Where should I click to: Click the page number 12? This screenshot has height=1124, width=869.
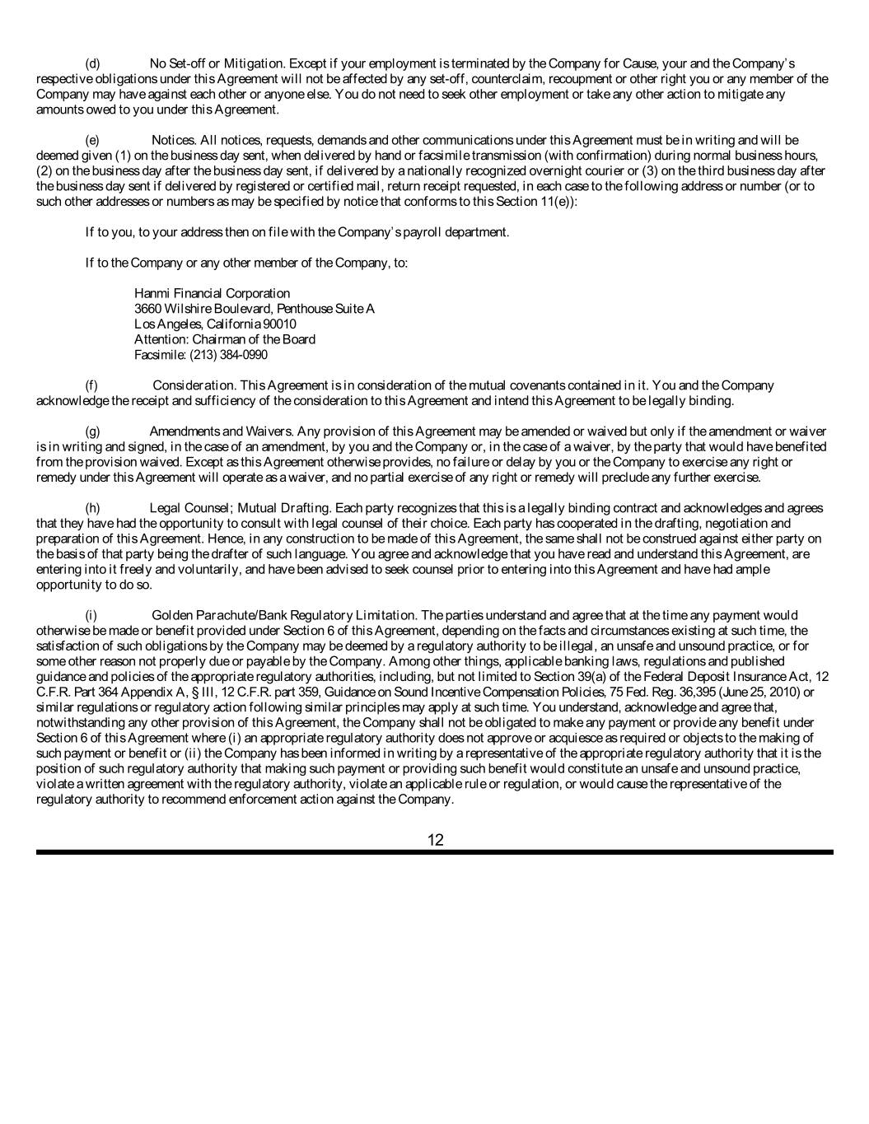tap(436, 840)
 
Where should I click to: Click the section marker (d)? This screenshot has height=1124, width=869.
tap(93, 63)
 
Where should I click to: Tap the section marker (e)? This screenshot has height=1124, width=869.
tap(93, 140)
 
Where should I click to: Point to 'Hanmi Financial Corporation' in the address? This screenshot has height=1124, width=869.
tap(212, 293)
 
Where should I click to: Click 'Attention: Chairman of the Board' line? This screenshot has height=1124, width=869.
tap(224, 339)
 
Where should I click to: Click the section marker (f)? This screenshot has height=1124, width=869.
tap(92, 385)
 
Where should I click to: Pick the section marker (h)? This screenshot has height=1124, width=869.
tap(93, 508)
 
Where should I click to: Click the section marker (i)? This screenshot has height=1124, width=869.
tap(91, 615)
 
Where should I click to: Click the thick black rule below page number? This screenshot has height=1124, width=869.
tap(434, 852)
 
